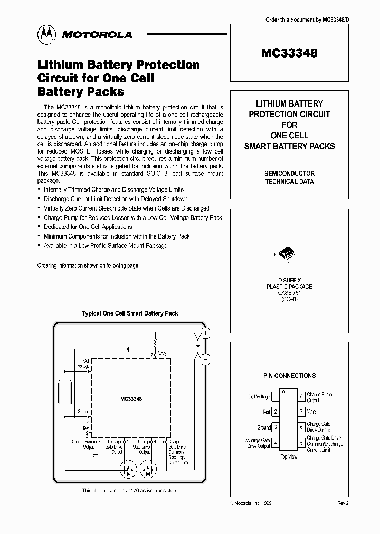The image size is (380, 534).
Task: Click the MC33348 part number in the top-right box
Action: [x=289, y=53]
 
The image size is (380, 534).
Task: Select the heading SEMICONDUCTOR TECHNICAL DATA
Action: [x=289, y=177]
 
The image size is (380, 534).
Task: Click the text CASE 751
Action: [x=289, y=293]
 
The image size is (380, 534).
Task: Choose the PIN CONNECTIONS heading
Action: [x=289, y=376]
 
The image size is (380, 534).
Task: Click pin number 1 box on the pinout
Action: [x=276, y=397]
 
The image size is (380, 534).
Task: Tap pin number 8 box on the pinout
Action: [x=301, y=397]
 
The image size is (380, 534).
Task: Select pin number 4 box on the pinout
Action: [x=276, y=443]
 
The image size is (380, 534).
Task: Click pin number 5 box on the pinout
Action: [x=301, y=443]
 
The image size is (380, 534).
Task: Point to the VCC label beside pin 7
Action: [x=312, y=412]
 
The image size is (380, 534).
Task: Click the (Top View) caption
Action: [x=289, y=456]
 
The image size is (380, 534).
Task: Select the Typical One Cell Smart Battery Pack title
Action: [x=130, y=313]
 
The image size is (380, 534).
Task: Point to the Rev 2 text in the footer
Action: [x=343, y=504]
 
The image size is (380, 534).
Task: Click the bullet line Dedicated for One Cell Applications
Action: [x=88, y=227]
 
